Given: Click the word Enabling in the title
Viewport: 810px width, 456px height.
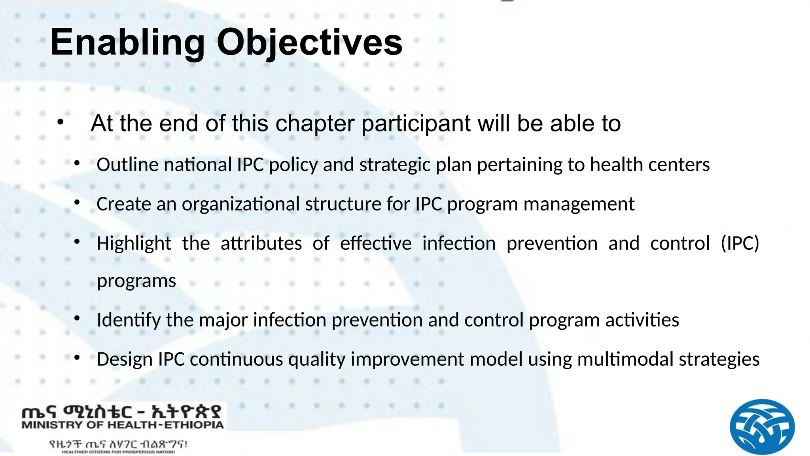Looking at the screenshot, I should (127, 43).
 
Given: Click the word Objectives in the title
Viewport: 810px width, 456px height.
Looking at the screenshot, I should (309, 43).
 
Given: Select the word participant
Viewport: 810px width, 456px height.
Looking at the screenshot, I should (416, 123).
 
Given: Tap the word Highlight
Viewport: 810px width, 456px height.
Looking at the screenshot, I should (134, 243).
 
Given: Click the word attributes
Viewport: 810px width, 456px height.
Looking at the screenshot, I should (261, 243).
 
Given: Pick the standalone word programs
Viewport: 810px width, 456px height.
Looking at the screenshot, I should (136, 281).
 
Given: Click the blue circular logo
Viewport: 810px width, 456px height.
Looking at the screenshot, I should (762, 427).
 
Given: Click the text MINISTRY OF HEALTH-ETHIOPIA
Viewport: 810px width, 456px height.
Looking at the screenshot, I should (123, 426).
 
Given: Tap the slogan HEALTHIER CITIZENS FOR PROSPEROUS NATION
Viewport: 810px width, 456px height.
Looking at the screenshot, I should (118, 452).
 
